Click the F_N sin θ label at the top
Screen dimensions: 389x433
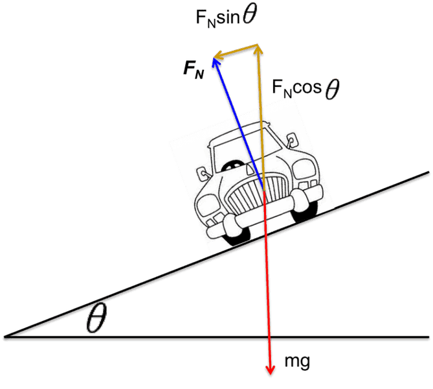click(227, 17)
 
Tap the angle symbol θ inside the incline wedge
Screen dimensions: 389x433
click(96, 317)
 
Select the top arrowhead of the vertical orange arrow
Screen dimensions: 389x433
click(260, 49)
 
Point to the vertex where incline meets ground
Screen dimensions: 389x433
click(6, 337)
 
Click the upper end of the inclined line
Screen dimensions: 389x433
click(427, 174)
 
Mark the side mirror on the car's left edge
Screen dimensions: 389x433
click(203, 173)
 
